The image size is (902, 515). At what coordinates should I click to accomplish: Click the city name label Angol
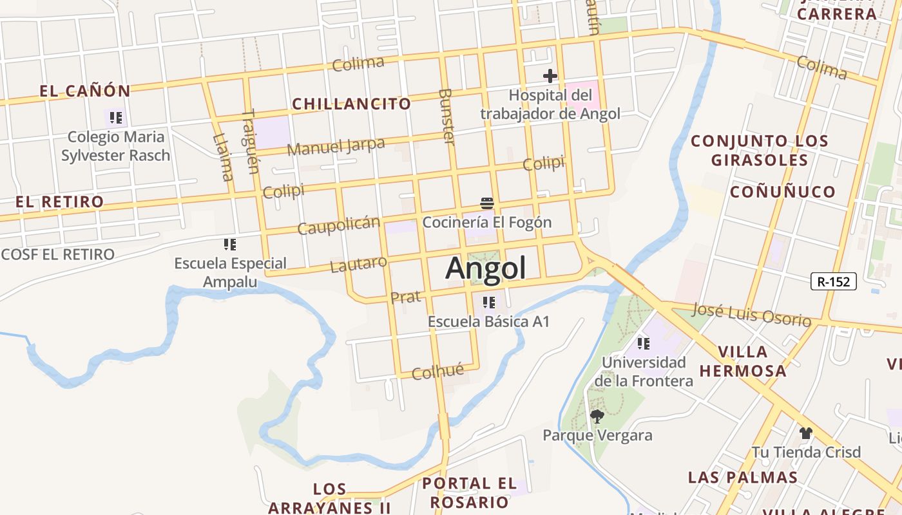pos(486,268)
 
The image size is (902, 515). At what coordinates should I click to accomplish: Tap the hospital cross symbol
pos(550,76)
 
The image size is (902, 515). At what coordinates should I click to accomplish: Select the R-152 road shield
pos(834,281)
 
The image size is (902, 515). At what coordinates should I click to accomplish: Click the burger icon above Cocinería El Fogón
pos(487,204)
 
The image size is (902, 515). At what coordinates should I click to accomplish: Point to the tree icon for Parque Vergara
pos(597,417)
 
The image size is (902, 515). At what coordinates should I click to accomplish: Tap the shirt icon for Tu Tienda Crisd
pos(805,433)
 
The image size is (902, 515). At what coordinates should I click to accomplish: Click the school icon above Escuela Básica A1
pos(488,302)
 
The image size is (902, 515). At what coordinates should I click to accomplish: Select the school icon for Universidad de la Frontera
pos(643,344)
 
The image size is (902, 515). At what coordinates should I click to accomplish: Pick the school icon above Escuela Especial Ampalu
pos(230,245)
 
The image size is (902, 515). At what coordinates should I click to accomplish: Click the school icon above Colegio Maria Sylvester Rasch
pos(116,118)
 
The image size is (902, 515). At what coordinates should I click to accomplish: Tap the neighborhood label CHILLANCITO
pos(351,104)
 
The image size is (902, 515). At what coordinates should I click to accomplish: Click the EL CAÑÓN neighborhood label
pos(85,91)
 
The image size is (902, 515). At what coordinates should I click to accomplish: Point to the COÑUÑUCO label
pos(782,192)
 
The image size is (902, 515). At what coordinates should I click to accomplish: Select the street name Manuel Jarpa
pos(336,147)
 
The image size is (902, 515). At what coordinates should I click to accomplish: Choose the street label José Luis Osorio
pos(751,314)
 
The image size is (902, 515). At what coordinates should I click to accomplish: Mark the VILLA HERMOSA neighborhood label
pos(743,361)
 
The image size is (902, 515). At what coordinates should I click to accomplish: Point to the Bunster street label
pos(446,117)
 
